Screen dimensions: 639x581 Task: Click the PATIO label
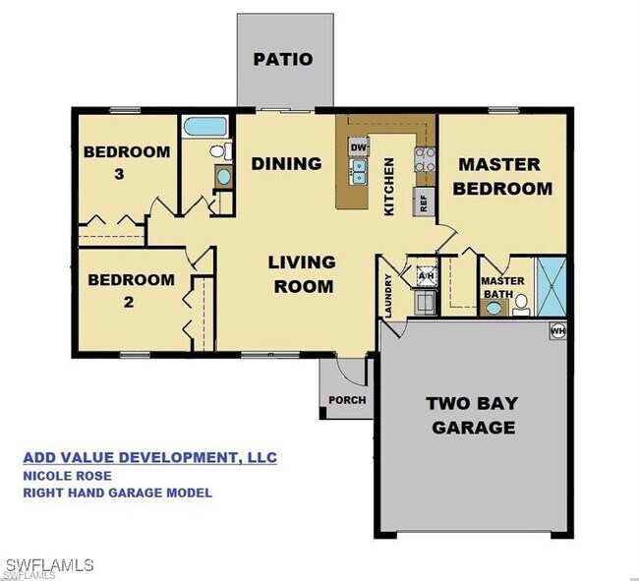(283, 60)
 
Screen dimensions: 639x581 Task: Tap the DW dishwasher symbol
(359, 146)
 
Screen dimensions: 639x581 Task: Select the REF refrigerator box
(424, 203)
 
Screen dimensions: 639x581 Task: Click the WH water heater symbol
(558, 331)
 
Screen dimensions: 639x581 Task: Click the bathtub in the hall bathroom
(205, 127)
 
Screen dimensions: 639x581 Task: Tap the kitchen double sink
(359, 172)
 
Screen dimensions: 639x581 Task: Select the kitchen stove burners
(425, 159)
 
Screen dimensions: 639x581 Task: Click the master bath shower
(552, 287)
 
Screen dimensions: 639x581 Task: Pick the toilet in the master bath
(521, 305)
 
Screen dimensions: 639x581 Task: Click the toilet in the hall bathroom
(222, 151)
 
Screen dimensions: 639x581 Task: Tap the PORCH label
(347, 400)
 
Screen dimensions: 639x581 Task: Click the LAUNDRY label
(388, 296)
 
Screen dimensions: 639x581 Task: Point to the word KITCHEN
(389, 187)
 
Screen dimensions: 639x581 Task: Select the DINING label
(286, 164)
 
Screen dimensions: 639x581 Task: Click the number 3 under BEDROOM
(119, 174)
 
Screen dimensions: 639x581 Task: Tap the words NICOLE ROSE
(67, 476)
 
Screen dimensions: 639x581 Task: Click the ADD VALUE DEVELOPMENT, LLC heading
(150, 457)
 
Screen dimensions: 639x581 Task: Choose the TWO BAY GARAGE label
(473, 415)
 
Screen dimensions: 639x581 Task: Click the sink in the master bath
(494, 308)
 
